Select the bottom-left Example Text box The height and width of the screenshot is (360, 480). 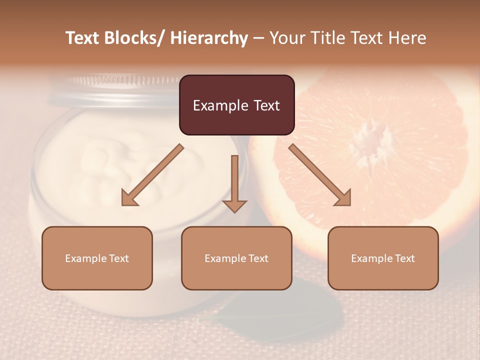tap(97, 258)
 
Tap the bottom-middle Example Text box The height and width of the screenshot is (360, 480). tap(236, 258)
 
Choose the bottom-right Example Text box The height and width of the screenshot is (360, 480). tap(383, 258)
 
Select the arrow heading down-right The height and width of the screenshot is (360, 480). tap(320, 175)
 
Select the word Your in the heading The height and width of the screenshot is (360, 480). tap(288, 38)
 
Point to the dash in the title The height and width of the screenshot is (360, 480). tap(258, 38)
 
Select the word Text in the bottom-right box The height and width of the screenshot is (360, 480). tap(404, 258)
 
